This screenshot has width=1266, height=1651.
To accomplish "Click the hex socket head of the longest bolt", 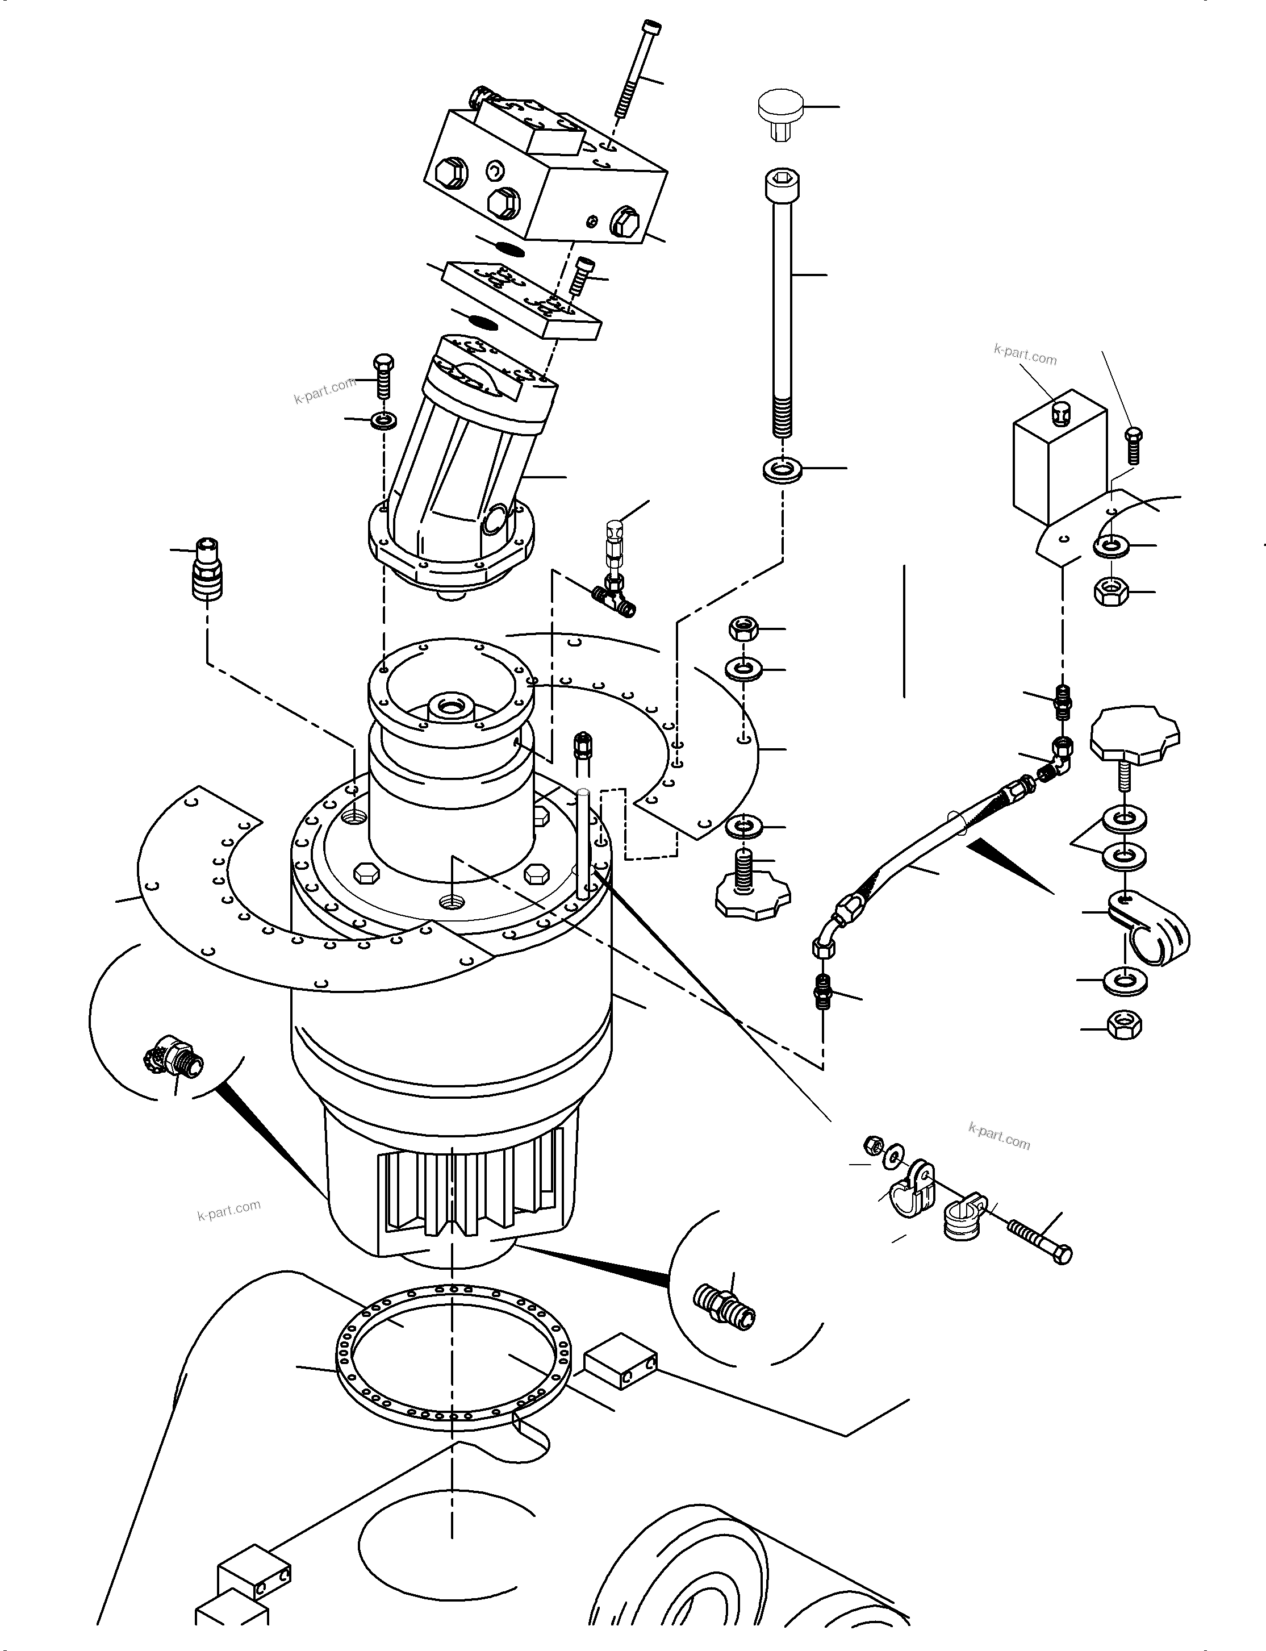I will (x=782, y=182).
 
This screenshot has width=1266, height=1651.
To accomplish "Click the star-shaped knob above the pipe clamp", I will (x=1134, y=733).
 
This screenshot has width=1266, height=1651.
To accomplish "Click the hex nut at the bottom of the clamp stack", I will (x=1125, y=1025).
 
